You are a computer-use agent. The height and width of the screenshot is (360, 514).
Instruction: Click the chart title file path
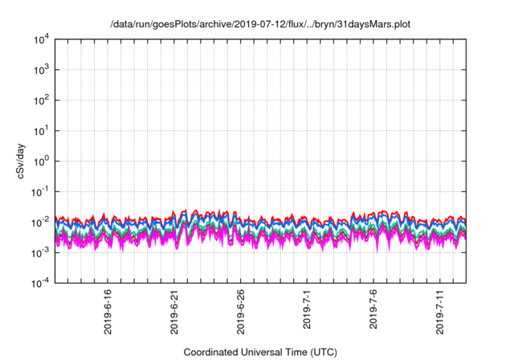[260, 25]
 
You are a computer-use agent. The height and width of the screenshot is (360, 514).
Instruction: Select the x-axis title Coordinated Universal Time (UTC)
[260, 352]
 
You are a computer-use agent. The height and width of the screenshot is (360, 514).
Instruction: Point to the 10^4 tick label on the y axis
[42, 39]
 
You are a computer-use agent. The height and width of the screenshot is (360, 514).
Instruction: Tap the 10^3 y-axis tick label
[42, 70]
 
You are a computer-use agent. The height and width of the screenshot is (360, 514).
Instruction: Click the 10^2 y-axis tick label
[42, 100]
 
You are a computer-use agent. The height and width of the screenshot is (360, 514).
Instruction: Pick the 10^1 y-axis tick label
[42, 130]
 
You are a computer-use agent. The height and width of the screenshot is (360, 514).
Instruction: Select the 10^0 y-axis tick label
[42, 161]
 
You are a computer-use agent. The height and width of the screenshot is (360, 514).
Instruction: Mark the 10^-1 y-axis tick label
[40, 191]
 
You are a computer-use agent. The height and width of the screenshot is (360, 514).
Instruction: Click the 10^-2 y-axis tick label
[40, 222]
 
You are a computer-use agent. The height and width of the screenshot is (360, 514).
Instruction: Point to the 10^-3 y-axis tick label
[40, 252]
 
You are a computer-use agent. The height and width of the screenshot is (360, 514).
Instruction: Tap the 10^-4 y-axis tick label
[40, 282]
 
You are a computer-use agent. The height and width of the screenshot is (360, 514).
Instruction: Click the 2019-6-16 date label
[108, 310]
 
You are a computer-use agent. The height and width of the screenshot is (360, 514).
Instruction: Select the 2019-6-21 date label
[175, 310]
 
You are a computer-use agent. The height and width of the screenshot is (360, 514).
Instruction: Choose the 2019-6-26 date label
[241, 310]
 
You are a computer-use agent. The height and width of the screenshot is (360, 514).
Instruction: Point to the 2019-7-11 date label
[440, 310]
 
